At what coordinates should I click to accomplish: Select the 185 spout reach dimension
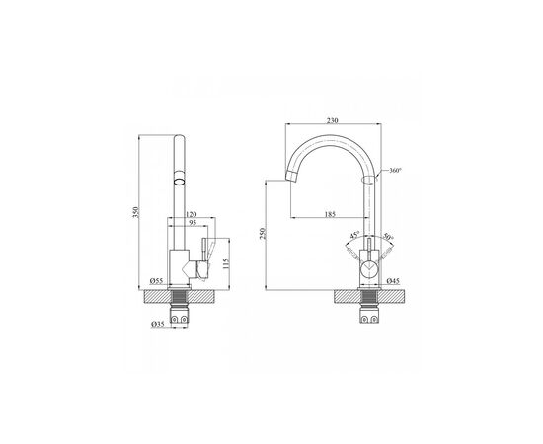pos(330,212)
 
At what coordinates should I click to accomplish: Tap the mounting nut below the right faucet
pos(369,319)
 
